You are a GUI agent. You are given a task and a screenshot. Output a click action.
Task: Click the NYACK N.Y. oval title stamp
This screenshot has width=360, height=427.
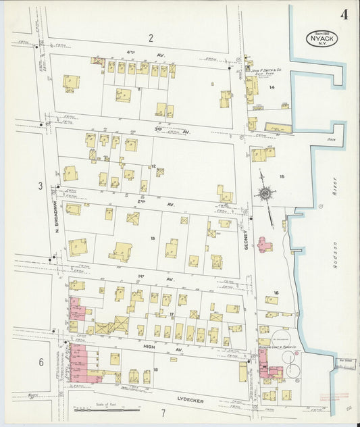click(x=322, y=39)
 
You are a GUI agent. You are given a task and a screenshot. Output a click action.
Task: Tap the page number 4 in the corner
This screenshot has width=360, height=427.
click(x=344, y=15)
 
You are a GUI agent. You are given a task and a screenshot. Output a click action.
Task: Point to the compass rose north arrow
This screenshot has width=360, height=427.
click(x=265, y=194)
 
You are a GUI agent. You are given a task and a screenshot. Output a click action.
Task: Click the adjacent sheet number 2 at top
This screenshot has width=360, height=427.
click(x=151, y=38)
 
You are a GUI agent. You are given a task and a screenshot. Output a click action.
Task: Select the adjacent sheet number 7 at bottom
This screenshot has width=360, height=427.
click(x=163, y=412)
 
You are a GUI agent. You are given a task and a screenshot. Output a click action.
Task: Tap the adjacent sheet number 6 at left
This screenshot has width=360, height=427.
click(x=41, y=362)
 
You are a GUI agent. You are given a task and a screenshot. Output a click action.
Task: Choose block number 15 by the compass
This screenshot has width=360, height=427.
click(x=283, y=177)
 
